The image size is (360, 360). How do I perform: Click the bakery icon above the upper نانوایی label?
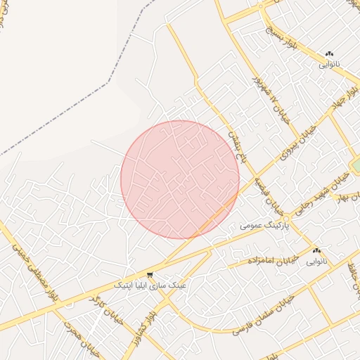[x=329, y=53]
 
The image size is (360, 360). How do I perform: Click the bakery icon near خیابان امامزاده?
[x=316, y=250]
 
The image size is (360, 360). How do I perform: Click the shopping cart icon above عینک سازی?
[x=150, y=274]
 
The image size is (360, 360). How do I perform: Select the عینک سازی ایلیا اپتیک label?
[x=150, y=285]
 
